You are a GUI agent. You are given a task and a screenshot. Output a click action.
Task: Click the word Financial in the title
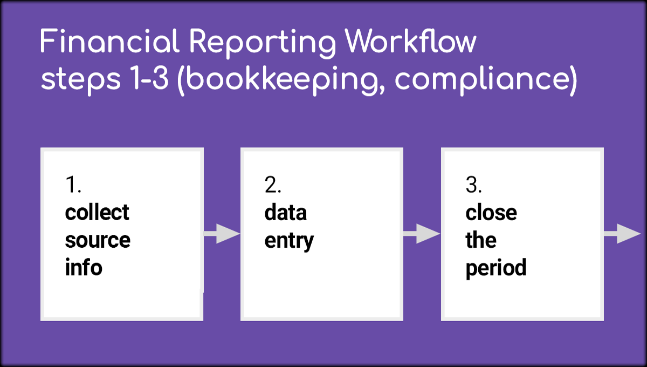coord(110,41)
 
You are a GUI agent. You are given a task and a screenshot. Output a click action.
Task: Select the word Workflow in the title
coord(410,41)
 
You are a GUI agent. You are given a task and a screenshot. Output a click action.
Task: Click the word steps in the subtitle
coord(80,79)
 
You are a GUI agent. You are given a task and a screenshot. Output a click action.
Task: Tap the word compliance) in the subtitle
coord(486,81)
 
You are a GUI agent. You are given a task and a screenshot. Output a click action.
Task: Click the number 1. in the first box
coord(73,185)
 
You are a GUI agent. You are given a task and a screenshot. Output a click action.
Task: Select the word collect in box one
coord(97,212)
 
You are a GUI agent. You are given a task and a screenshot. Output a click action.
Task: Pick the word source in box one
coord(98,240)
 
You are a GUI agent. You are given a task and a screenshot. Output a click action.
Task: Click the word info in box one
coord(84,267)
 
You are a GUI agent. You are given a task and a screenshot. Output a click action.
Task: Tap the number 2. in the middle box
coord(273,185)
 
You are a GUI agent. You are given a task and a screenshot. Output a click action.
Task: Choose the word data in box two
coord(285,212)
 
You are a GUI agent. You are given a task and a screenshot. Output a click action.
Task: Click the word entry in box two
coord(289,241)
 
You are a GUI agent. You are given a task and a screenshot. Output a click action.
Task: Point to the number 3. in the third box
coord(474,185)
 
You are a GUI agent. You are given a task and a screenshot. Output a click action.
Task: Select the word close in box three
coord(491,212)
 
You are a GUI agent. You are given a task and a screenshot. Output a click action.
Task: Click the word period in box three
coord(496,268)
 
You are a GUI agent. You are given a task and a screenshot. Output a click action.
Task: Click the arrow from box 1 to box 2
coord(222,233)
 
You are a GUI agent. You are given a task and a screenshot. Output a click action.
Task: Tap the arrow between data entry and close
coord(422,233)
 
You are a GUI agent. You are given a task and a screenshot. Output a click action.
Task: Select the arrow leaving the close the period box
coord(622,233)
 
